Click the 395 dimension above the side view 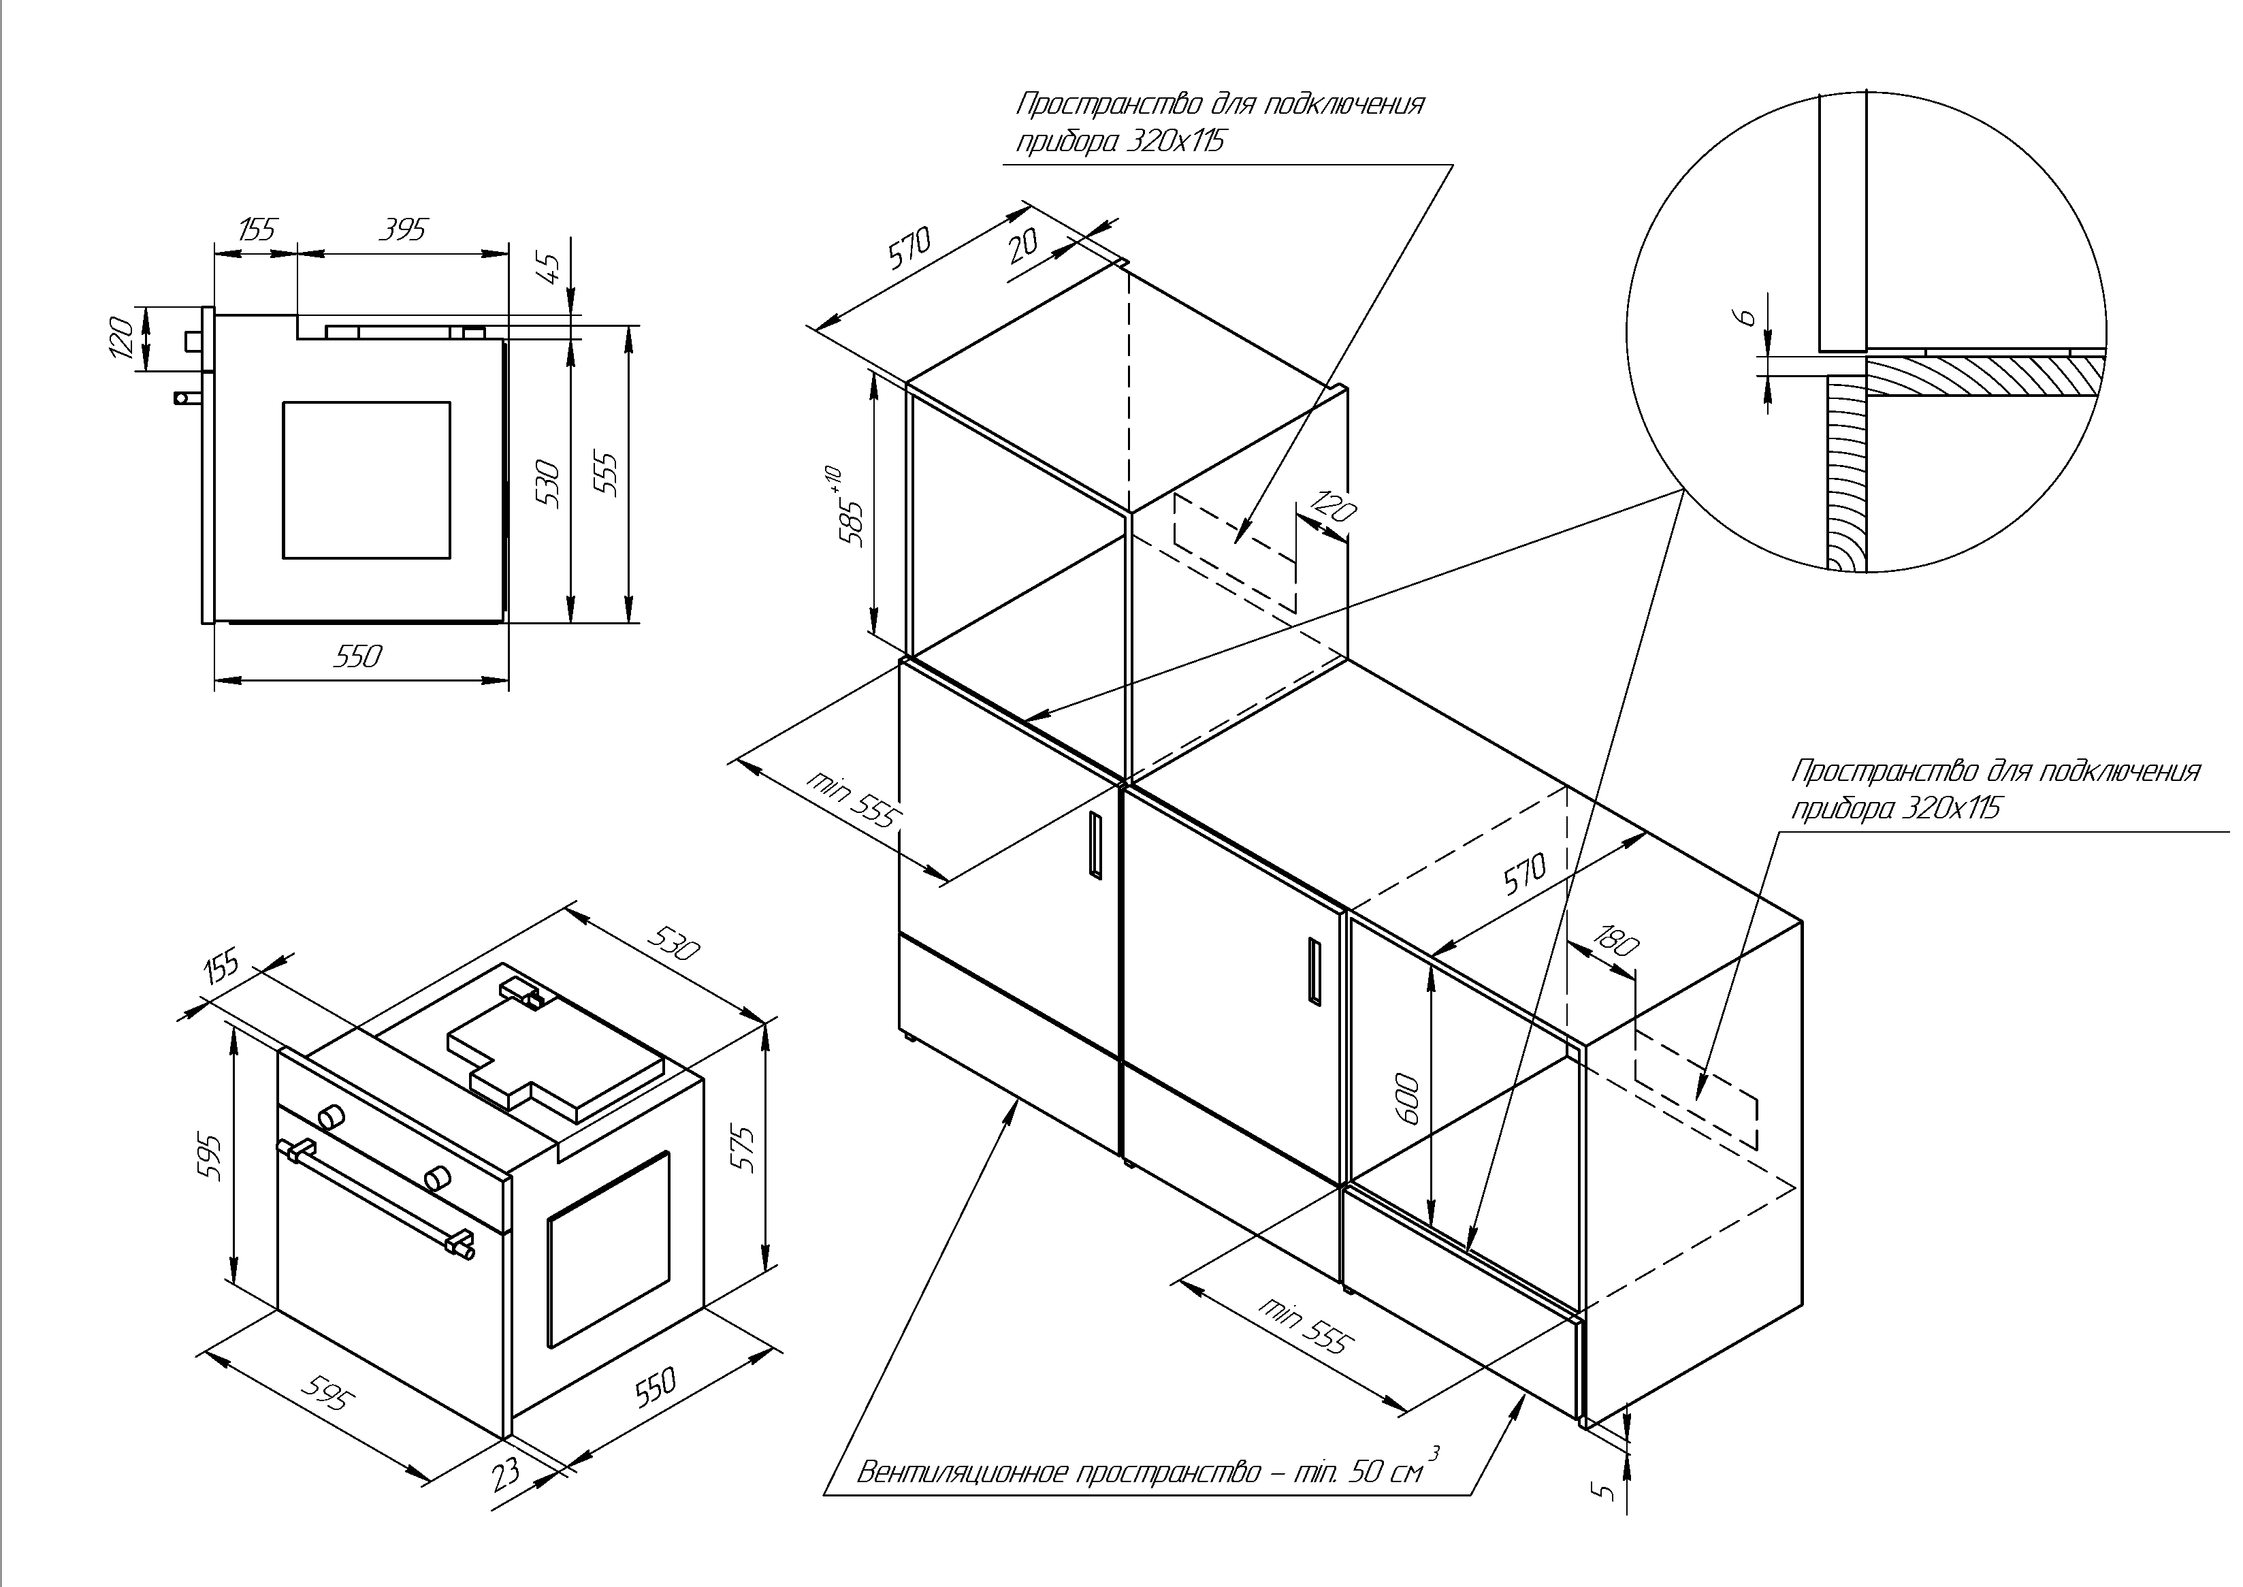(x=402, y=229)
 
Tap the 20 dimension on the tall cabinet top (x=1023, y=244)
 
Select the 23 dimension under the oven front (x=505, y=1473)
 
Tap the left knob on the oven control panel (x=332, y=1115)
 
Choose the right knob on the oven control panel (x=436, y=1178)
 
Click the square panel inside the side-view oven (x=366, y=480)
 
